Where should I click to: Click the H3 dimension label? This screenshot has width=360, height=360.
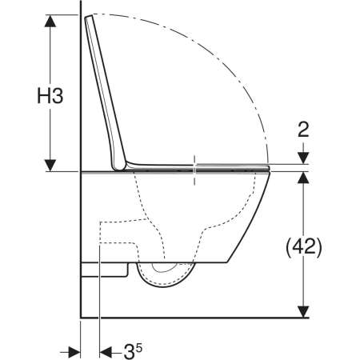50,96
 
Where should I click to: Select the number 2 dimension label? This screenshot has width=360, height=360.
303,130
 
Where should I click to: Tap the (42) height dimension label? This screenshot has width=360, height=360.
304,247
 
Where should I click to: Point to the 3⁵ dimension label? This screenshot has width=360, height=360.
133,351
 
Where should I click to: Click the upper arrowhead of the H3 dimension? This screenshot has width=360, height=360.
50,21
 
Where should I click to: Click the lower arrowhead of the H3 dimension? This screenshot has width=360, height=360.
50,166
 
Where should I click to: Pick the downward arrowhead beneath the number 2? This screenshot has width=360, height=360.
303,158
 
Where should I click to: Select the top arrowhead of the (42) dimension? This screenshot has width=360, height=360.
303,178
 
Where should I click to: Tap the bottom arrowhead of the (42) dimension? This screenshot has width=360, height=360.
303,311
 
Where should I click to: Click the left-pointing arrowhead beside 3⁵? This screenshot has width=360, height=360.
106,352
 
